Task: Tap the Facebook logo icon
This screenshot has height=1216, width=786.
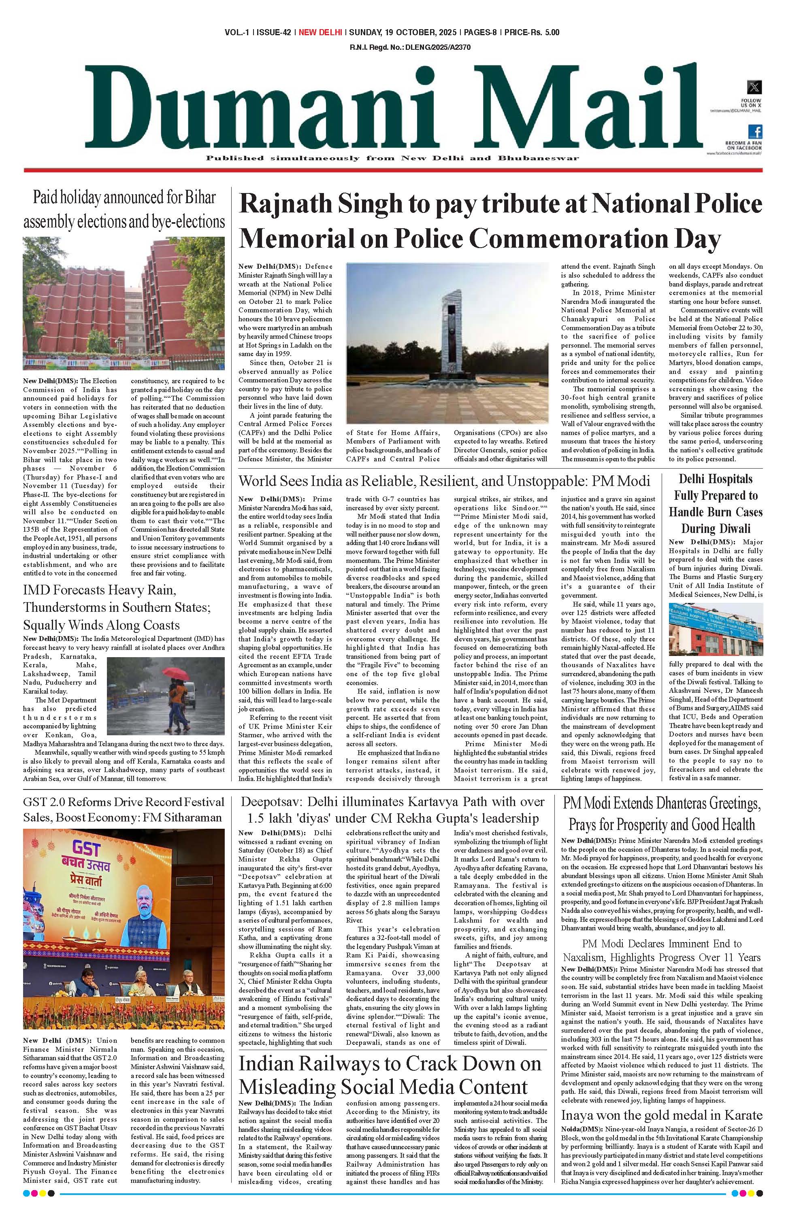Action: [x=755, y=131]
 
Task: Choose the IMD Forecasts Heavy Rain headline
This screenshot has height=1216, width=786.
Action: [x=102, y=607]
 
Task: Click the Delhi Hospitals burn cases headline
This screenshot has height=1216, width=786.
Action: [x=716, y=503]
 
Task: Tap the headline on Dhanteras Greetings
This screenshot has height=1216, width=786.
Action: [x=661, y=814]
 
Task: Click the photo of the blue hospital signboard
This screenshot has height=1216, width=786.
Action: [x=716, y=630]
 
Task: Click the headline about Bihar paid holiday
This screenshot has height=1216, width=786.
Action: [x=124, y=209]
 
